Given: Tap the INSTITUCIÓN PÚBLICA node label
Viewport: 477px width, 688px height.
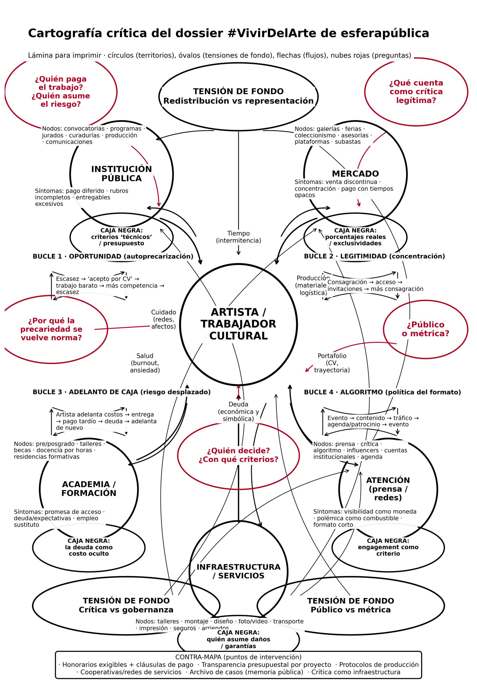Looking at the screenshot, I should (121, 174).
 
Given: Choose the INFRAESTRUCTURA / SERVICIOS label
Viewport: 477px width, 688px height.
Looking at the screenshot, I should (238, 571).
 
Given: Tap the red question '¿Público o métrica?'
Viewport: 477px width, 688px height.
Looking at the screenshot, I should (425, 329).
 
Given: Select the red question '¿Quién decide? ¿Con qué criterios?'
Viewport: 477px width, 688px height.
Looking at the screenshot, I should (238, 455).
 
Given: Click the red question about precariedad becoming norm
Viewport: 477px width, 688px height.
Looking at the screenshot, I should (52, 329).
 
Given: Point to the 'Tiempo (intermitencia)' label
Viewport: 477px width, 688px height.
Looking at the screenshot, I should (238, 237).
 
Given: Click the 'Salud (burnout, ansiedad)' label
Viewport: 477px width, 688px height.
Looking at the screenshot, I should (145, 363).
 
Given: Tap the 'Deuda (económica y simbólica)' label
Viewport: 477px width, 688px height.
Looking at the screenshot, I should (238, 411).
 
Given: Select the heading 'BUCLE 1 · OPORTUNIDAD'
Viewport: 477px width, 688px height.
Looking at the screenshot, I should (113, 256).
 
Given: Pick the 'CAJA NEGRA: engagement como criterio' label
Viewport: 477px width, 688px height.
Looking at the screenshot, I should (388, 547).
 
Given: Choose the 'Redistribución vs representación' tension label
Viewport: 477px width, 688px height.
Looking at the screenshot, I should (238, 101).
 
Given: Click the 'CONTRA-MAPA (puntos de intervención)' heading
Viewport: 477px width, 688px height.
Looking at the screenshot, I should (238, 657).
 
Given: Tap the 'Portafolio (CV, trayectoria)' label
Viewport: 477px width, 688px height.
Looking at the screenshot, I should (332, 363).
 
